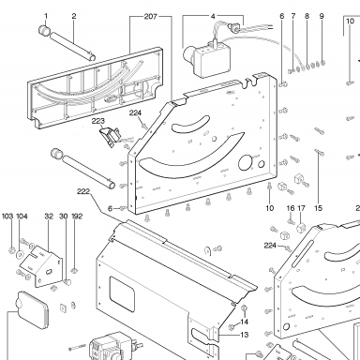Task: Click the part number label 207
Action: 150,17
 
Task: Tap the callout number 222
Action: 83,191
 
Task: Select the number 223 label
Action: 98,121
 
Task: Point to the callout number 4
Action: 213,16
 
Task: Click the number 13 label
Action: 245,335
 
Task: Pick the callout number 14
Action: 245,322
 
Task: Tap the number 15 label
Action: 318,208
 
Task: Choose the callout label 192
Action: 77,217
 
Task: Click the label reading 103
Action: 7,217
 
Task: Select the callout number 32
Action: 49,217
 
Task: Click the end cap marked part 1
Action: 45,30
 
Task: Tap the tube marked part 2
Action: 72,46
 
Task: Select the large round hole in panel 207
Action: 246,162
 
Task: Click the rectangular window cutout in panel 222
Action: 122,293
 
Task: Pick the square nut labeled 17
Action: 301,227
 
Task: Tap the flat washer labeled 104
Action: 20,255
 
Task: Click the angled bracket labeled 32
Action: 40,266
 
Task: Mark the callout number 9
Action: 322,16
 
